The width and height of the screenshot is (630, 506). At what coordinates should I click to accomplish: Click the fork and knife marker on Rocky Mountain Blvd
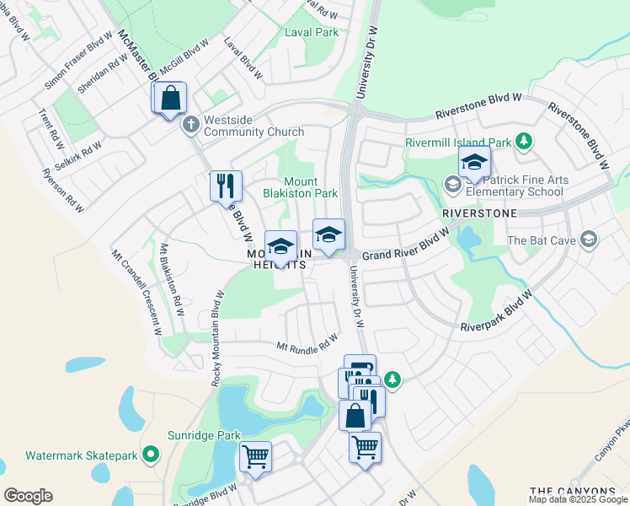point(226,186)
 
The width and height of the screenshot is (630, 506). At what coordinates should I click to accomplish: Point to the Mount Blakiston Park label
point(310,187)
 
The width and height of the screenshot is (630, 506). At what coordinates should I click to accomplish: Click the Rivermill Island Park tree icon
point(524,140)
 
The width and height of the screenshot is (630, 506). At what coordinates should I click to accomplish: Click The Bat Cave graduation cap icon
point(588,240)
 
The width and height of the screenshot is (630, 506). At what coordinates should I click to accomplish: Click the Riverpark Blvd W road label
point(498,312)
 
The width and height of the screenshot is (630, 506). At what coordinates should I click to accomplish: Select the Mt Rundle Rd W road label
point(307,342)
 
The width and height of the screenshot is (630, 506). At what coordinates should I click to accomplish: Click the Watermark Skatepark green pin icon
point(151,455)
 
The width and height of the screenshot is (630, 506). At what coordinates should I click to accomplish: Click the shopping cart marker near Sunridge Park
point(255,457)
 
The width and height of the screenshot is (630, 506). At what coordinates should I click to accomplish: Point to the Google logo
point(28,495)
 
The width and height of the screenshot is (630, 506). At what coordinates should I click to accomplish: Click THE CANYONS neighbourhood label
point(573,491)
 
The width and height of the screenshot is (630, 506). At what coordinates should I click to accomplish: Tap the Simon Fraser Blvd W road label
point(78,61)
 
